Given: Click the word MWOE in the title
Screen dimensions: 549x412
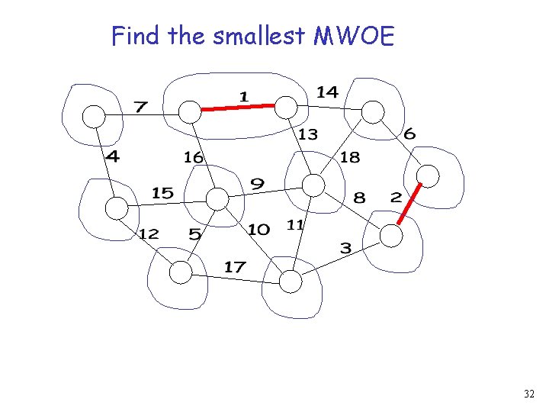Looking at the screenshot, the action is pyautogui.click(x=355, y=36).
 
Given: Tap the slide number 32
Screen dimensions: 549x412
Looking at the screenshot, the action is pyautogui.click(x=530, y=394).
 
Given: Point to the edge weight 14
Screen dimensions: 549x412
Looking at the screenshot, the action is pyautogui.click(x=327, y=92).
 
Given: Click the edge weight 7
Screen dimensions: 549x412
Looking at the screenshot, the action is pyautogui.click(x=140, y=107).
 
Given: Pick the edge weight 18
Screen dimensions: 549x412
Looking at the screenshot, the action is pyautogui.click(x=350, y=157).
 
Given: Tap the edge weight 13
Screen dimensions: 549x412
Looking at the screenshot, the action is pyautogui.click(x=307, y=135).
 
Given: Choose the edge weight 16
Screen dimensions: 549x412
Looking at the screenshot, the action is pyautogui.click(x=193, y=157).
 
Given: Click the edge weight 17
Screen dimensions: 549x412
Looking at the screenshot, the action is pyautogui.click(x=234, y=266).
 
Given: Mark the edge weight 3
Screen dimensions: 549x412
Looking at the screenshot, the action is pyautogui.click(x=345, y=248).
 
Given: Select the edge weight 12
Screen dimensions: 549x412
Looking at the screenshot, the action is pyautogui.click(x=149, y=233).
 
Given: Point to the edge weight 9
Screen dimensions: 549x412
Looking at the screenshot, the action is pyautogui.click(x=258, y=184).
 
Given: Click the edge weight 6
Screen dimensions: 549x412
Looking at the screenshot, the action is pyautogui.click(x=409, y=134).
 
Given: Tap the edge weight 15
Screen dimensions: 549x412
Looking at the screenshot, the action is pyautogui.click(x=162, y=192).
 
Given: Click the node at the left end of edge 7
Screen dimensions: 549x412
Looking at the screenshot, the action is pyautogui.click(x=93, y=116).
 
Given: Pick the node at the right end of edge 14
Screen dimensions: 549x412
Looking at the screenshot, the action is pyautogui.click(x=373, y=112).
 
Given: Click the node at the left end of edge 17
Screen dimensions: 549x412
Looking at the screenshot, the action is pyautogui.click(x=181, y=272).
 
